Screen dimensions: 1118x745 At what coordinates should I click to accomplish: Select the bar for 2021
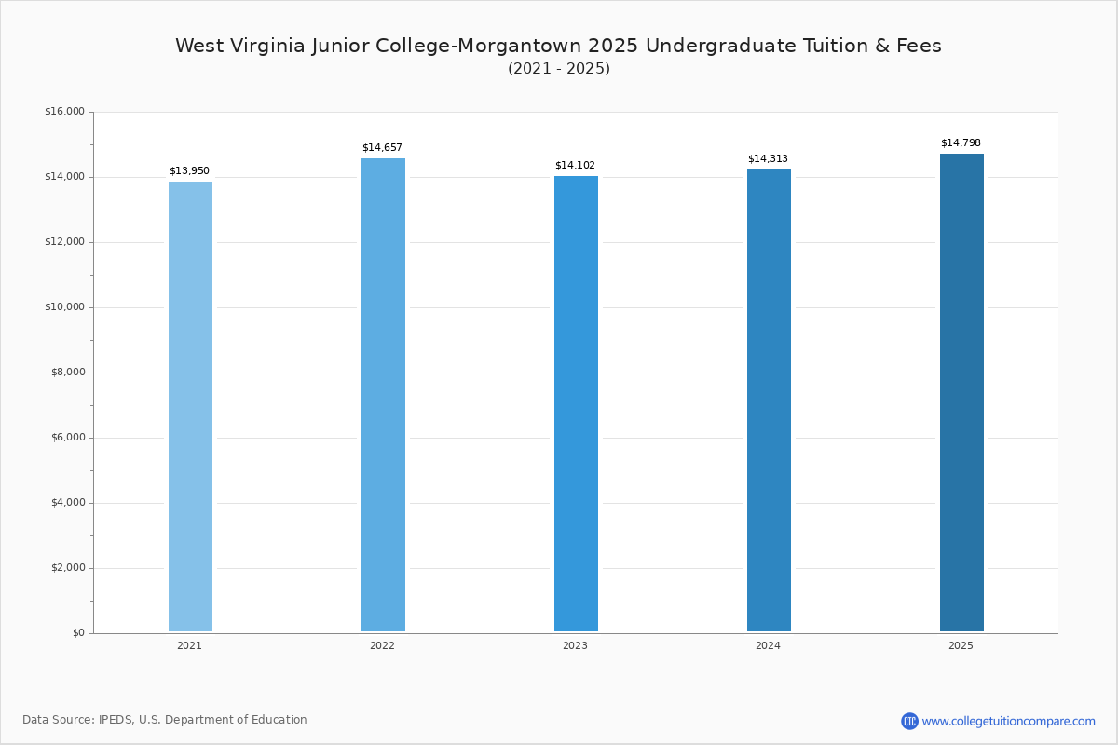pyautogui.click(x=190, y=406)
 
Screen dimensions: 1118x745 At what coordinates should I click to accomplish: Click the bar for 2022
pyautogui.click(x=383, y=395)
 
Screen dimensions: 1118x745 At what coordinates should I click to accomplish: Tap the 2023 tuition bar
pyautogui.click(x=576, y=403)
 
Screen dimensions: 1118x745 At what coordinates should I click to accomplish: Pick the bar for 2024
pyautogui.click(x=769, y=400)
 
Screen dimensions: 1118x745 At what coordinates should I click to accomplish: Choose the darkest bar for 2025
pyautogui.click(x=961, y=392)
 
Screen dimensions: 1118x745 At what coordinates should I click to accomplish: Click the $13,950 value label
pyautogui.click(x=190, y=170)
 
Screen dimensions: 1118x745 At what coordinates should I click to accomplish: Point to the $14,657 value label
pyautogui.click(x=382, y=147)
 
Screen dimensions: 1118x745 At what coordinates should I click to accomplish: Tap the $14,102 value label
pyautogui.click(x=575, y=165)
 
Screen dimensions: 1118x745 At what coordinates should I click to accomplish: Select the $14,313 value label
pyautogui.click(x=768, y=158)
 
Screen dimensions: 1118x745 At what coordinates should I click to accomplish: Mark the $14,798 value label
pyautogui.click(x=961, y=142)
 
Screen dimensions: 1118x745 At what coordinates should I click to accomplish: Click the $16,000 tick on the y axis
pyautogui.click(x=65, y=111)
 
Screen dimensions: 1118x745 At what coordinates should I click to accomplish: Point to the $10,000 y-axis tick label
pyautogui.click(x=65, y=307)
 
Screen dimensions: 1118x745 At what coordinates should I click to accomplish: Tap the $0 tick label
pyautogui.click(x=79, y=632)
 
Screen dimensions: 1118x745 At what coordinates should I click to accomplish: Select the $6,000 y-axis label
pyautogui.click(x=68, y=437)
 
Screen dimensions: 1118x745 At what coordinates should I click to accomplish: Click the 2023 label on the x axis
pyautogui.click(x=575, y=645)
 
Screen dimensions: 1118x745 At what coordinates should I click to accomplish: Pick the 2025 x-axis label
pyautogui.click(x=961, y=645)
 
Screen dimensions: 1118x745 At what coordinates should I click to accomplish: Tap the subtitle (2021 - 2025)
pyautogui.click(x=559, y=68)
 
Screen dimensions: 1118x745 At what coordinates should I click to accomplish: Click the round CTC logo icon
pyautogui.click(x=909, y=721)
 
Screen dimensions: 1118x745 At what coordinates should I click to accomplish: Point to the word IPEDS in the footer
pyautogui.click(x=116, y=720)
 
